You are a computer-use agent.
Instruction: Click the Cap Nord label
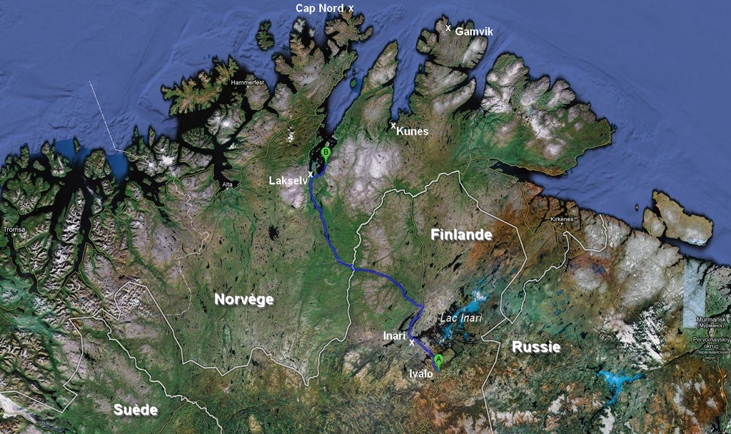pos(319,8)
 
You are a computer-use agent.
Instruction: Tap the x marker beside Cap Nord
pos(351,8)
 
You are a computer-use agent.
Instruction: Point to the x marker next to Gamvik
pos(448,28)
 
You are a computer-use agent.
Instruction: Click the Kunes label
pos(413,131)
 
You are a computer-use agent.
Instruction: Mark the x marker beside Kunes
pos(393,126)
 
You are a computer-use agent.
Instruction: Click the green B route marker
pos(326,152)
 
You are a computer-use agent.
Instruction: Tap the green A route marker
pos(439,359)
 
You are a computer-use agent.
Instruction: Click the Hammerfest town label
pos(247,83)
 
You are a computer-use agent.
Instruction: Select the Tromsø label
pos(14,230)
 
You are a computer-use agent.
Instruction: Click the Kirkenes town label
pos(562,219)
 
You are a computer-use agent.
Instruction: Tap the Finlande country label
pos(461,235)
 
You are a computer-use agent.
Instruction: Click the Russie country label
pos(535,348)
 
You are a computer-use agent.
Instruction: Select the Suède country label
pos(136,410)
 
